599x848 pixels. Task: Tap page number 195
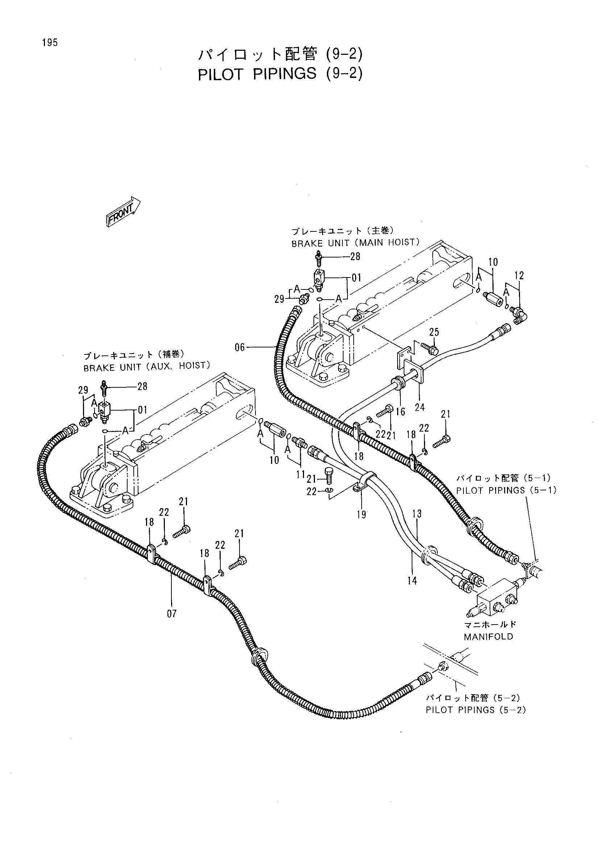click(50, 43)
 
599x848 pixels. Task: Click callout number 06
click(240, 347)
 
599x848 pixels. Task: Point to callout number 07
click(172, 614)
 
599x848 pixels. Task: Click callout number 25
click(434, 332)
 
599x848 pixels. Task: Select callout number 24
click(420, 407)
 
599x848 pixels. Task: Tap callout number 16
click(400, 411)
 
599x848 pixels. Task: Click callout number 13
click(417, 514)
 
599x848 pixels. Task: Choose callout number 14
click(412, 581)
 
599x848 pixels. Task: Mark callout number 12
click(519, 276)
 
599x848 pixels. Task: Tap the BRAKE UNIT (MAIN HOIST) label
click(356, 243)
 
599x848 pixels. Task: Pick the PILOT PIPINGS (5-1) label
click(506, 490)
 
